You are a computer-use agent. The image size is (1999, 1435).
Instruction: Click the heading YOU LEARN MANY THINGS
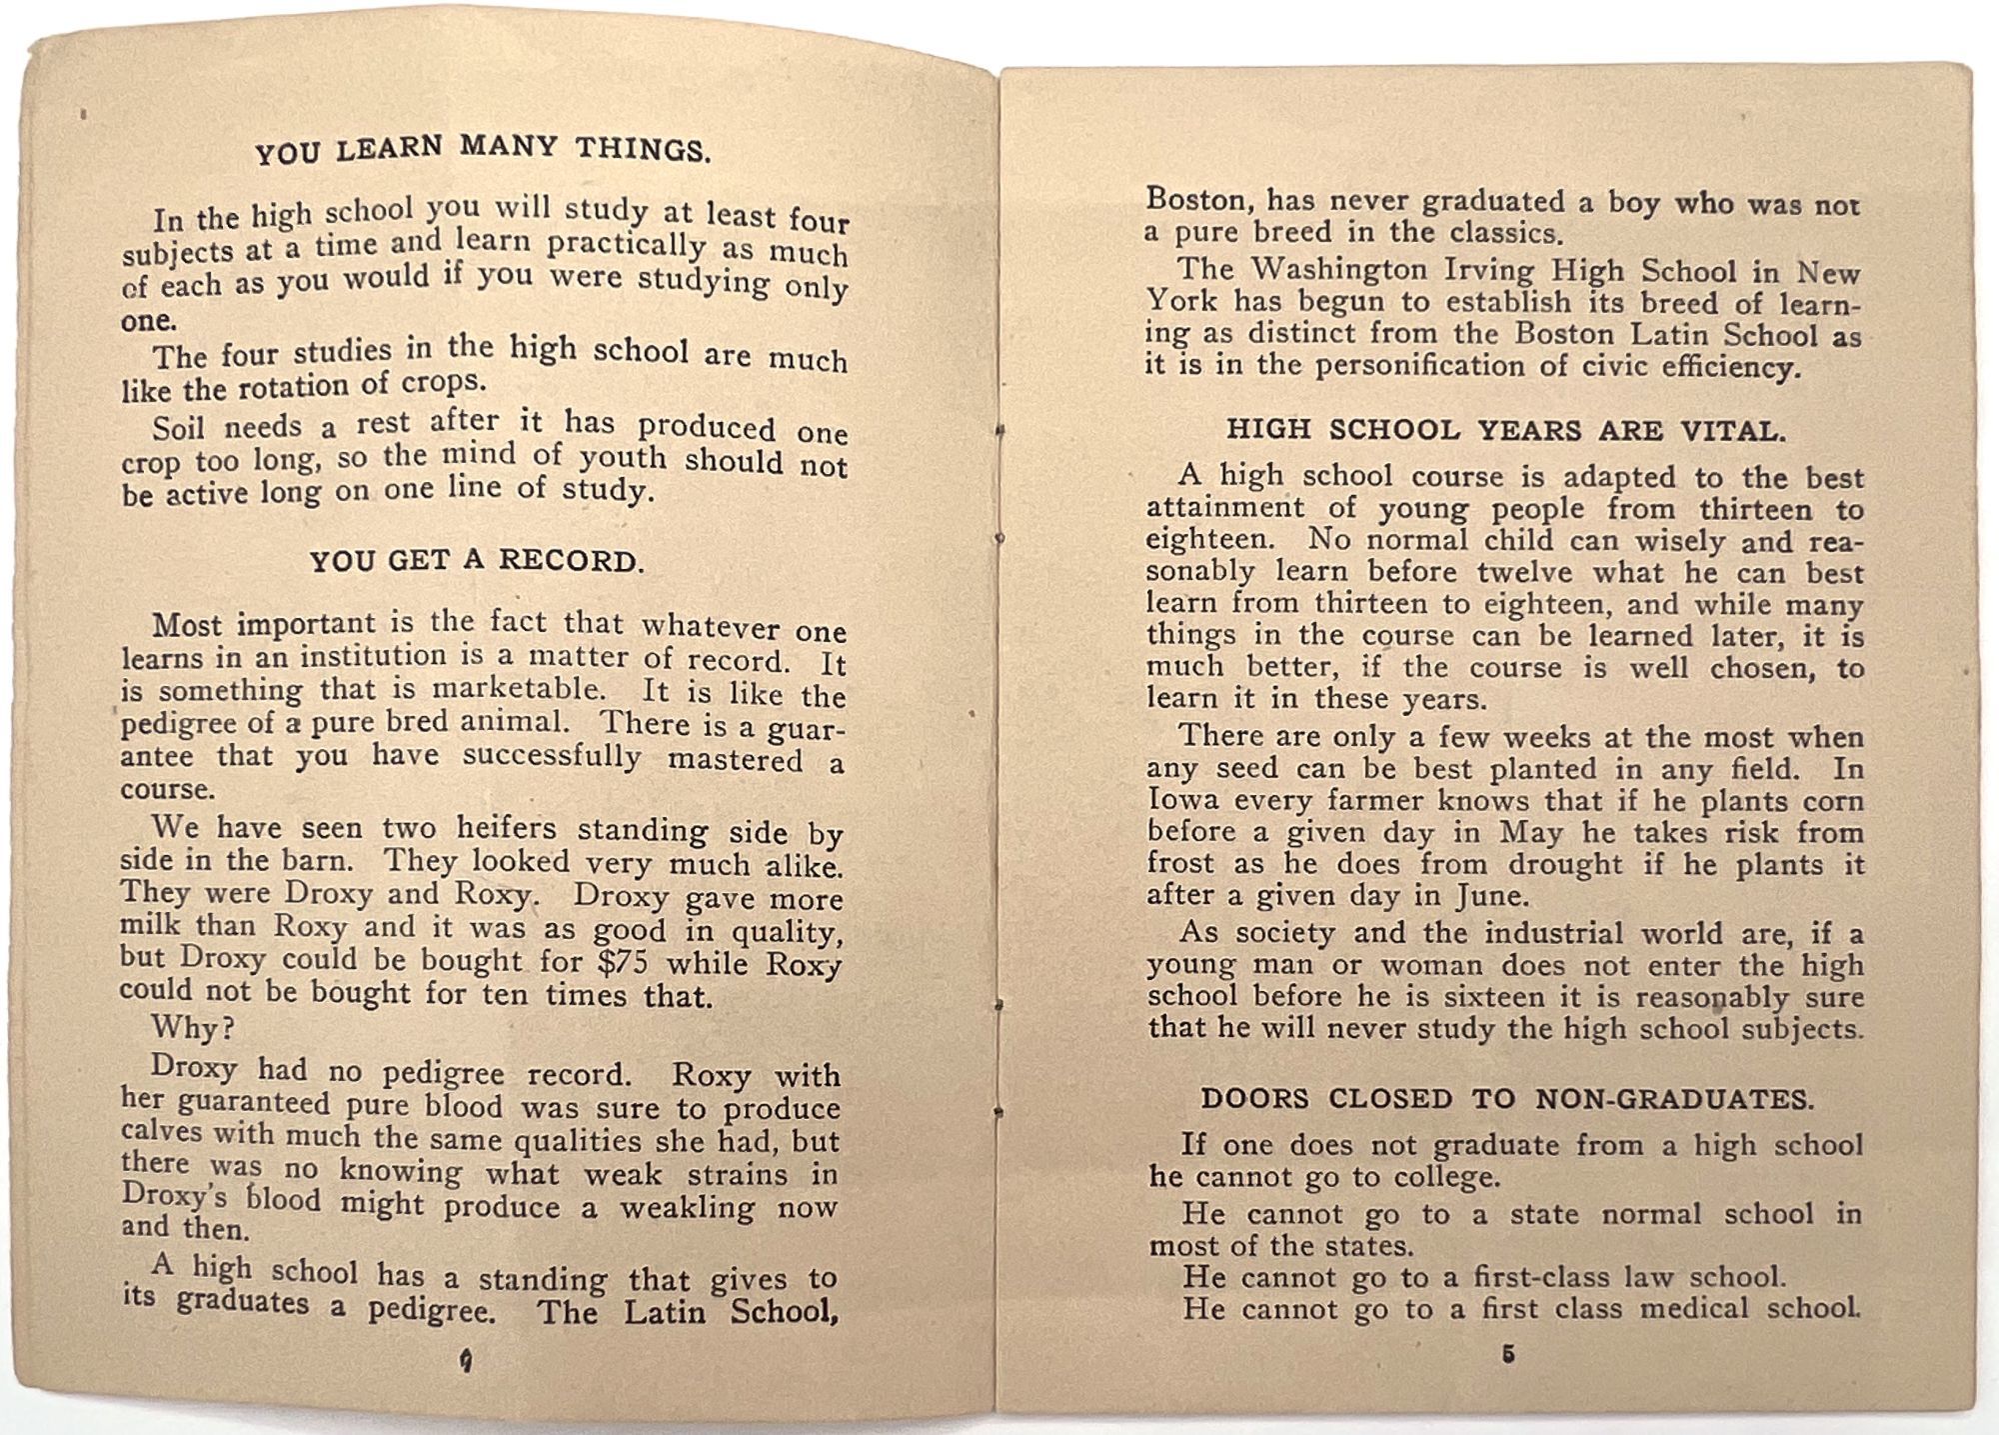(x=483, y=149)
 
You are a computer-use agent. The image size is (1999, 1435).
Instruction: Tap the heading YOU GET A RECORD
(x=476, y=561)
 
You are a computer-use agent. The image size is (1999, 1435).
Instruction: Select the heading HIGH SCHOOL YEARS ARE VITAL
(x=1505, y=431)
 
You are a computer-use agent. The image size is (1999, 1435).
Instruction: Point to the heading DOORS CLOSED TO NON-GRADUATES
(x=1506, y=1099)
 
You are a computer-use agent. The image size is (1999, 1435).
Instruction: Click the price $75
(x=621, y=962)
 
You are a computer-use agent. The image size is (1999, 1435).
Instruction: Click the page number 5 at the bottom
(x=1508, y=1355)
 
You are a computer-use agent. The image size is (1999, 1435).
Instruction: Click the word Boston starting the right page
(x=1198, y=200)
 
